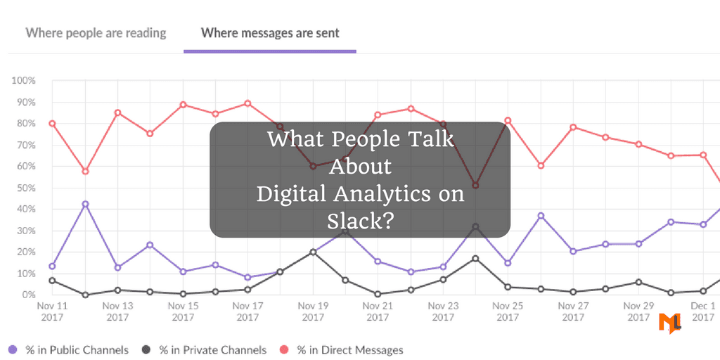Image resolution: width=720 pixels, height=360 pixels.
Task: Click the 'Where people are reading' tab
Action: [96, 33]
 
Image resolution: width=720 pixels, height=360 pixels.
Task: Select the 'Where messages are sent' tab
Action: [270, 33]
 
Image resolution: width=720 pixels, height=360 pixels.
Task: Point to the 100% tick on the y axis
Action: [23, 81]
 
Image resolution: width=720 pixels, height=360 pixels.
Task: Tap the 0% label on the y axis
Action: [28, 295]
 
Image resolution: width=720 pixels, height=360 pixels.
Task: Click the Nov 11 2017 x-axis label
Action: [52, 311]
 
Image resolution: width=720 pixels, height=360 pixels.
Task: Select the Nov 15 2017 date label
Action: [183, 311]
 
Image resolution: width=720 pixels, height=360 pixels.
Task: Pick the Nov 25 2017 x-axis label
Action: [508, 311]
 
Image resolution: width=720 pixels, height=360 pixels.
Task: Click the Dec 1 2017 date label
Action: [703, 311]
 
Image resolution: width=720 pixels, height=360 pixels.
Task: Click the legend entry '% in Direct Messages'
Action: [349, 349]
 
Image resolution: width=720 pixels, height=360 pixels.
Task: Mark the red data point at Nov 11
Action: [52, 124]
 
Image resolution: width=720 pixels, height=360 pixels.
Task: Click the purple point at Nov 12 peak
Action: [85, 204]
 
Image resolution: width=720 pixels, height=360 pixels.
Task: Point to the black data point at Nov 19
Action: [313, 252]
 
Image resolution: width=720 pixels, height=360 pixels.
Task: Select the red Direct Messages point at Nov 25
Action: [508, 120]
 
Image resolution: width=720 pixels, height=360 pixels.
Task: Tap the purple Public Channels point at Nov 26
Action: [541, 216]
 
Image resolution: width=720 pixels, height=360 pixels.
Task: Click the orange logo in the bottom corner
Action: [669, 323]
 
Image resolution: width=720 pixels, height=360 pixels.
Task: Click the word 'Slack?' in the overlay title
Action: [360, 219]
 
